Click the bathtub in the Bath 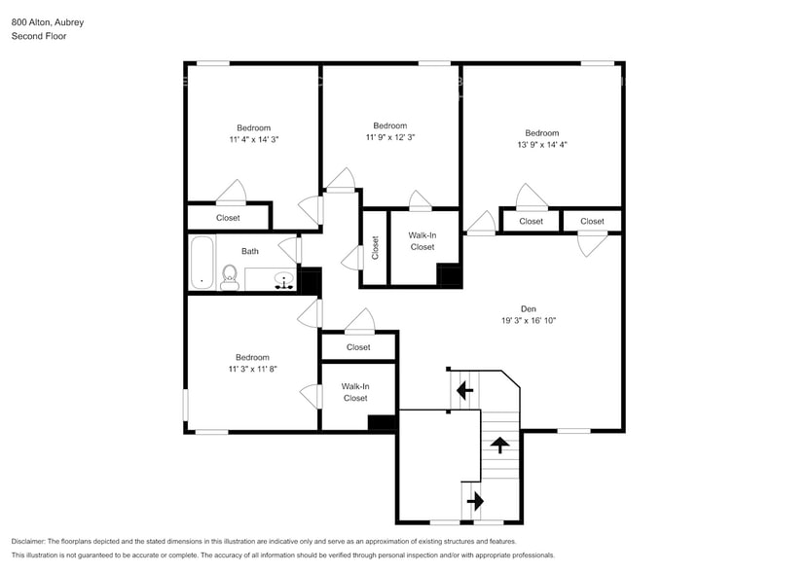coord(202,263)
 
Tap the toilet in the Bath coord(230,276)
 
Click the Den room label coord(529,308)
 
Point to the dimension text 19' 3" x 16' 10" coord(529,320)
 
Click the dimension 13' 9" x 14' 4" coord(542,145)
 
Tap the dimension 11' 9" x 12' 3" coord(390,137)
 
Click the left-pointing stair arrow coord(464,390)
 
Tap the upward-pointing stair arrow coord(500,446)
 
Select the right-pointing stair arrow coord(475,501)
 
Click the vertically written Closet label coord(375,247)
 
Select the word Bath coord(250,251)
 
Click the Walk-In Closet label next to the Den coord(422,241)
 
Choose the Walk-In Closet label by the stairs coord(355,392)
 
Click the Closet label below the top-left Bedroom coord(228,218)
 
